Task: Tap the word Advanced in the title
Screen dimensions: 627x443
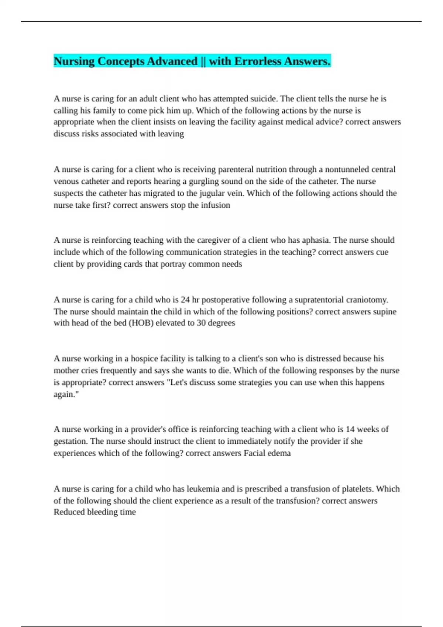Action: (172, 61)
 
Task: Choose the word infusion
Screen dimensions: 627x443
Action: (216, 205)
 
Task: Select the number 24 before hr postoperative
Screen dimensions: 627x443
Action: (185, 300)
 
